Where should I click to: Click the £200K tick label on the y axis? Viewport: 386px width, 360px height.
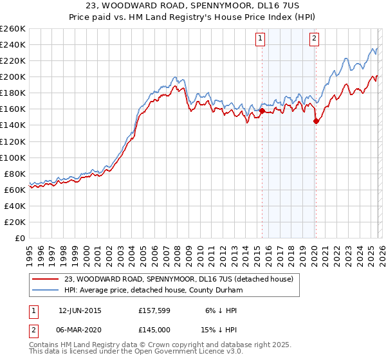(x=12, y=76)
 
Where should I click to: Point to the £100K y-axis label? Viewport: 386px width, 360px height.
(x=12, y=157)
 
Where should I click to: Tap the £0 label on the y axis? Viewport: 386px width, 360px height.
(x=19, y=238)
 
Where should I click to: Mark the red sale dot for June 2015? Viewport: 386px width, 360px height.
(x=262, y=111)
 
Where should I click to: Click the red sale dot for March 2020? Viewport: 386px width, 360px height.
(x=316, y=121)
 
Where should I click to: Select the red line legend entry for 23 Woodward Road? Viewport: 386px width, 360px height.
(x=179, y=278)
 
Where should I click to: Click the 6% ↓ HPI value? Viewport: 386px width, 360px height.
(x=221, y=310)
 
